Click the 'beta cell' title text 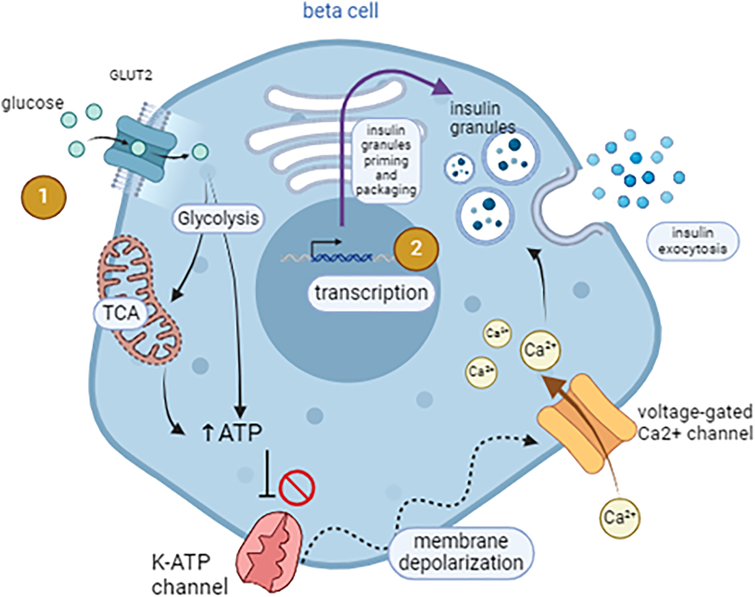tap(340, 11)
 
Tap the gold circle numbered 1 tap(43, 197)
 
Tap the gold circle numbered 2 tap(416, 248)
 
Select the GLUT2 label tap(130, 76)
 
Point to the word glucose tap(32, 103)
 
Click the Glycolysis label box tap(218, 218)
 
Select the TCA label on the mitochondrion tap(121, 312)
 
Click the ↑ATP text tap(233, 433)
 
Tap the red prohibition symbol tap(297, 487)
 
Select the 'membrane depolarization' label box tap(461, 552)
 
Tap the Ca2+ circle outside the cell tap(620, 517)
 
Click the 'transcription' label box tap(371, 293)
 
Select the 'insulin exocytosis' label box tap(692, 241)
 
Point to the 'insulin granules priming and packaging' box tap(386, 160)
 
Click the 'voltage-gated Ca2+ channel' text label tap(694, 422)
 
